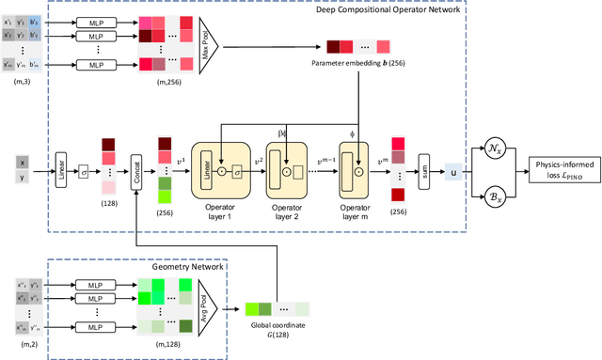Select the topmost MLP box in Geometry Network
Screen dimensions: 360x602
pyautogui.click(x=97, y=283)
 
